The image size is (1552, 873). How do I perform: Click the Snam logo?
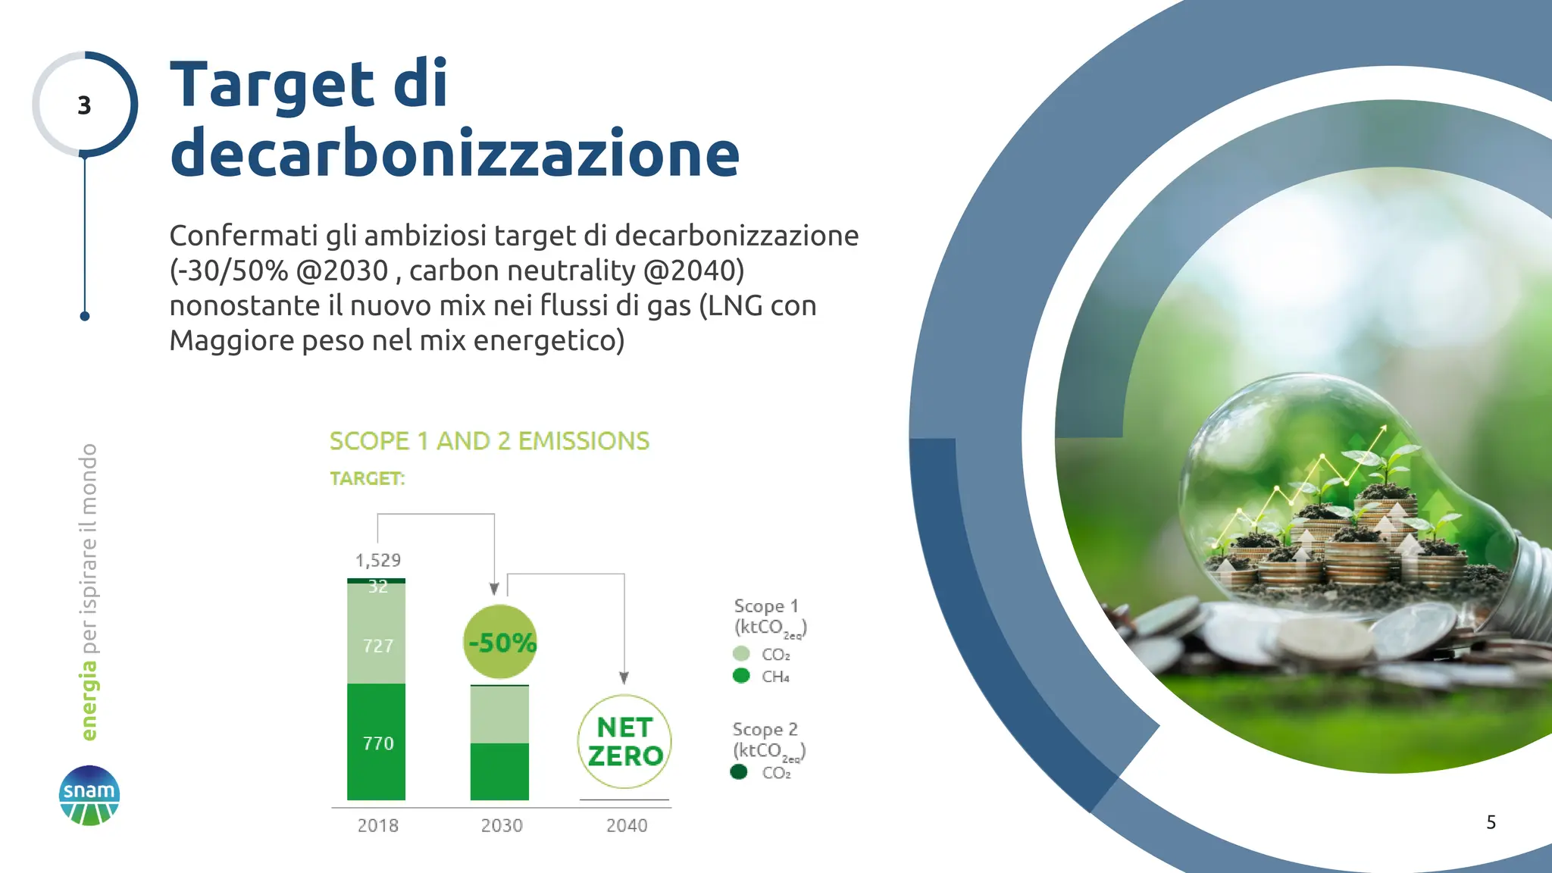(x=89, y=795)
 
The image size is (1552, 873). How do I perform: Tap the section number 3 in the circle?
(x=84, y=105)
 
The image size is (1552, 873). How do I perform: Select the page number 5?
(x=1491, y=822)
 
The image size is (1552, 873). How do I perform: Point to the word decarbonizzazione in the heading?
(x=455, y=153)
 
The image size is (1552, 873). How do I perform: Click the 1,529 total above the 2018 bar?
(x=378, y=560)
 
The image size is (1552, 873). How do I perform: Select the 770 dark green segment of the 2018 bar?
(x=377, y=743)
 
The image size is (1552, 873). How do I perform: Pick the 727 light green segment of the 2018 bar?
(x=377, y=645)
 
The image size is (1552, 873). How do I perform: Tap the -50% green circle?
(x=500, y=642)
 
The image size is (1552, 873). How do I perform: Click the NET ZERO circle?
(x=624, y=741)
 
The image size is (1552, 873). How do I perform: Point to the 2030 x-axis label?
(x=502, y=825)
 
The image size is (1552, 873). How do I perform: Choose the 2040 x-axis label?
(x=626, y=825)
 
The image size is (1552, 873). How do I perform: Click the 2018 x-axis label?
(x=377, y=825)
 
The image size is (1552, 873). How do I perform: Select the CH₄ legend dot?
(x=741, y=676)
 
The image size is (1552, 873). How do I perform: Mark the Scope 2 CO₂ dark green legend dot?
(x=739, y=772)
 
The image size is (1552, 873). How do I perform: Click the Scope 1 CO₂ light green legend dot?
(x=741, y=653)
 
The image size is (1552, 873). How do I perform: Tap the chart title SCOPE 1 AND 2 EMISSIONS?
(x=490, y=441)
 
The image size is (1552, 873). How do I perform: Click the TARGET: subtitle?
(x=368, y=479)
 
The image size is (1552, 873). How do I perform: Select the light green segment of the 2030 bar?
(x=499, y=715)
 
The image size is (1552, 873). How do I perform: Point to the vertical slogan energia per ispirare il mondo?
(x=89, y=592)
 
